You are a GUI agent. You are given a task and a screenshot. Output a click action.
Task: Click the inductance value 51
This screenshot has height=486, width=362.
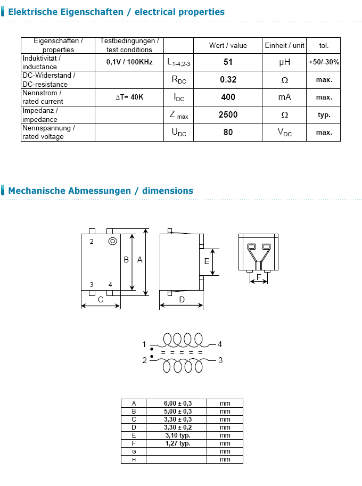[228, 62]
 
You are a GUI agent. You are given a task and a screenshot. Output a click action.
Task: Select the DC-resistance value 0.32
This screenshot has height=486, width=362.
[228, 79]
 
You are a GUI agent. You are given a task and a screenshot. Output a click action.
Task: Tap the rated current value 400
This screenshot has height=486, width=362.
[228, 97]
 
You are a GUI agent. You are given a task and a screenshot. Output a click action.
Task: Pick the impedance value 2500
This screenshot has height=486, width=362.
[228, 114]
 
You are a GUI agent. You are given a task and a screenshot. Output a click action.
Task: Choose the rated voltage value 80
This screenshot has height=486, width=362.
[228, 132]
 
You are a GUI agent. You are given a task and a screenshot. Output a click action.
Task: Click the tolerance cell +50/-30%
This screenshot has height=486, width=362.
[324, 62]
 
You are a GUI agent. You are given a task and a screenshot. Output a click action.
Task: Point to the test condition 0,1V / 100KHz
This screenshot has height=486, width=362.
[129, 62]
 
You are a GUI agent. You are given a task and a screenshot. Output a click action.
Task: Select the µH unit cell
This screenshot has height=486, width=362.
[285, 62]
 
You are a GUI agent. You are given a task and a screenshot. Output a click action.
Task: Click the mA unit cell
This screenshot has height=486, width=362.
[285, 97]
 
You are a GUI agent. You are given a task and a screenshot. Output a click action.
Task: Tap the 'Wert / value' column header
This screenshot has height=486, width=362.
[228, 45]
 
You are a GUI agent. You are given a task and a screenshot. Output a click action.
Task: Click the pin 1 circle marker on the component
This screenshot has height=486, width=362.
[112, 241]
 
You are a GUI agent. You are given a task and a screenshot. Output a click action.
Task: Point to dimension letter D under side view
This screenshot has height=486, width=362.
[182, 300]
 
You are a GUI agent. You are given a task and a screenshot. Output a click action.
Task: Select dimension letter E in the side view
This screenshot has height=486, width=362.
[207, 261]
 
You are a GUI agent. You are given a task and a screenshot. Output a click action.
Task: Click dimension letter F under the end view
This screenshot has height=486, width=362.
[259, 277]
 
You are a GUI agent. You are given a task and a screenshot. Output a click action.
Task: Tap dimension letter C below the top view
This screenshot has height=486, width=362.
[101, 300]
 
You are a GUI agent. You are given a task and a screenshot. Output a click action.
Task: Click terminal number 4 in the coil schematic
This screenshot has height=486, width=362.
[219, 344]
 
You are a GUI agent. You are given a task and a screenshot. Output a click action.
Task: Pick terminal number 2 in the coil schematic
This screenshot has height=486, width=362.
[144, 360]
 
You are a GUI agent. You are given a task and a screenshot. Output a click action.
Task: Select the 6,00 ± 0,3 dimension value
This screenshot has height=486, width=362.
[177, 403]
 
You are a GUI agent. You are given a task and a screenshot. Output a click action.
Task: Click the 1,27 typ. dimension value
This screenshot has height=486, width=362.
[177, 443]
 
